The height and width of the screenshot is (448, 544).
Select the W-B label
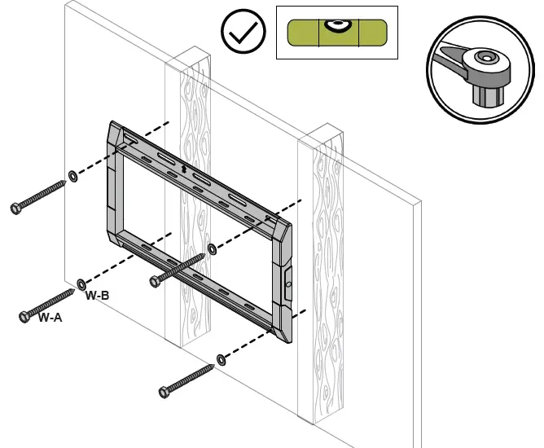click(x=98, y=296)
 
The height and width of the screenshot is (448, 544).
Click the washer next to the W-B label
click(x=81, y=283)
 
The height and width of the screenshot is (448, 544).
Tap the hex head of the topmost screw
click(x=16, y=209)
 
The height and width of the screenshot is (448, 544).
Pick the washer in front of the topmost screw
click(x=72, y=176)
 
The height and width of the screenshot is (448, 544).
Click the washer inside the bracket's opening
click(x=212, y=248)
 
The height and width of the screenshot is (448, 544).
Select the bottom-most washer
click(x=221, y=359)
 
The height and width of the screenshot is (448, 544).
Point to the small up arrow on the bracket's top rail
click(x=184, y=169)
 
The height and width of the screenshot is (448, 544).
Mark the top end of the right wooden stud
click(x=320, y=133)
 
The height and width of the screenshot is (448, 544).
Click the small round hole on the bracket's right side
click(x=287, y=282)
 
